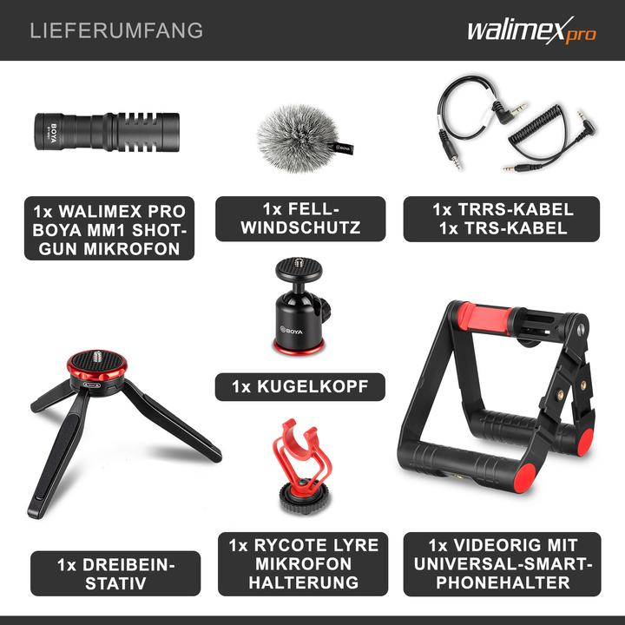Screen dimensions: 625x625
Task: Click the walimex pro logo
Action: tap(531, 31)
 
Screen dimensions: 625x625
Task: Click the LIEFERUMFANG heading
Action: tap(116, 30)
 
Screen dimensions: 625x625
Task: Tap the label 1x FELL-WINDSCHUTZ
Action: tap(299, 219)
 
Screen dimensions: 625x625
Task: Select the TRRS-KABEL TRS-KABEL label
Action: tap(502, 219)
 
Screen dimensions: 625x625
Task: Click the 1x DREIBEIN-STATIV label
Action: tap(115, 574)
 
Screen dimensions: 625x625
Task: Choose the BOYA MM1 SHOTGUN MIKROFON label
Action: tap(109, 230)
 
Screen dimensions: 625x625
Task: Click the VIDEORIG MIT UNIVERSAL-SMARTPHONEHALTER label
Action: tap(502, 565)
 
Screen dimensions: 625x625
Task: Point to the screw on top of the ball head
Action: tap(299, 260)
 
